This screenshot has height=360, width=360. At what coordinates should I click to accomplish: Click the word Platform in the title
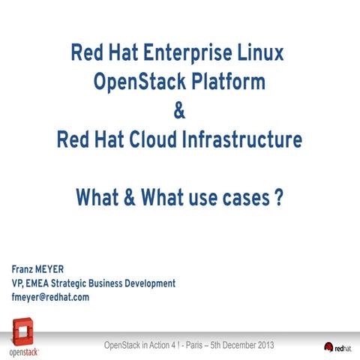point(228,82)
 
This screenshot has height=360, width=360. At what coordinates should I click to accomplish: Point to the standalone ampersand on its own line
point(179,112)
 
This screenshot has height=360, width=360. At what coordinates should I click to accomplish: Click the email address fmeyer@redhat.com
point(50,298)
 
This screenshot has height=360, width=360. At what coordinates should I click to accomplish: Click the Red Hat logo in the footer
point(338,346)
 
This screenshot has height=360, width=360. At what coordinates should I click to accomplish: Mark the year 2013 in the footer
point(264,344)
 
